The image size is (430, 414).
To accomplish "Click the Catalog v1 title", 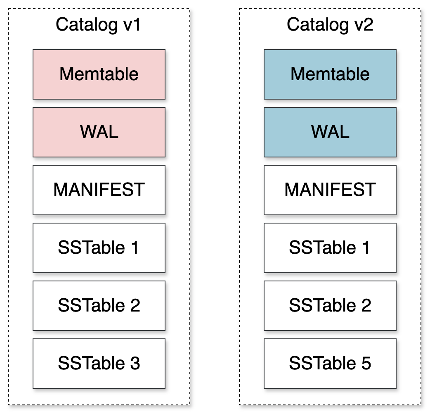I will [x=99, y=25].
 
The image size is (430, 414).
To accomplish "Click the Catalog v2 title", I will [x=330, y=25].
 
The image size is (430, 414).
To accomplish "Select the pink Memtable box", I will [x=99, y=74].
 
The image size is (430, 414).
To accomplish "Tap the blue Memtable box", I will [x=330, y=74].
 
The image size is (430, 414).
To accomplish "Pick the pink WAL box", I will [x=99, y=132].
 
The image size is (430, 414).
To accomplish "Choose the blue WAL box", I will [x=330, y=132].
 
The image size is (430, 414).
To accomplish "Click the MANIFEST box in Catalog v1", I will [x=99, y=190].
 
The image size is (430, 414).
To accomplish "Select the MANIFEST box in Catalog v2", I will [x=330, y=190].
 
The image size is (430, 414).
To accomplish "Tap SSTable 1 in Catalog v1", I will [x=99, y=248].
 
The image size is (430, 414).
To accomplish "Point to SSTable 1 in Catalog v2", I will [x=330, y=248].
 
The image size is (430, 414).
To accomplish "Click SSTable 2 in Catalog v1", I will [x=99, y=306].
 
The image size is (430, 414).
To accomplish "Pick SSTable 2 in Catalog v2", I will [x=330, y=306].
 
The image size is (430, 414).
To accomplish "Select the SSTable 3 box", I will [x=99, y=364].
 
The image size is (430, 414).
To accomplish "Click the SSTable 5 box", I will [x=330, y=364].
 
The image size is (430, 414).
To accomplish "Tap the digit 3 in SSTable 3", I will [x=135, y=364].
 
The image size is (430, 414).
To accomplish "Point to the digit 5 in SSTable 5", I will [x=366, y=364].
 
